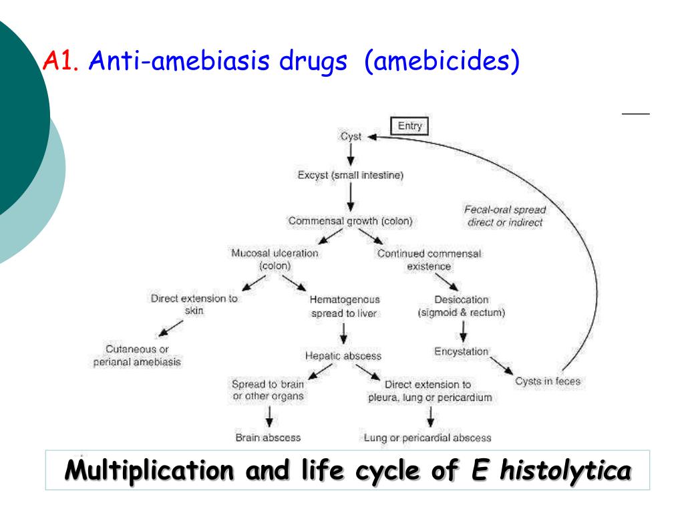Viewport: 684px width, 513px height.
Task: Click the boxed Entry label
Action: (x=409, y=126)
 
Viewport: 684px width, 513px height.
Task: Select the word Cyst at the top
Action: (x=351, y=136)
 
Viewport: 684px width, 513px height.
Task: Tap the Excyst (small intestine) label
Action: (x=351, y=176)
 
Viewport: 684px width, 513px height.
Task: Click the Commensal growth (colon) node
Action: (x=351, y=220)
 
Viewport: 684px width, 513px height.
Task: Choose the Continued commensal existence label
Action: (x=429, y=259)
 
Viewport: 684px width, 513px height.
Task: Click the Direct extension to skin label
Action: (x=194, y=305)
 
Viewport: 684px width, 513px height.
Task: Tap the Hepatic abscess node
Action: (x=343, y=356)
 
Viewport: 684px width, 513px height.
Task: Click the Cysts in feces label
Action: (x=548, y=381)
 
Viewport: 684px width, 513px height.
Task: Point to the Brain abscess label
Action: (x=268, y=438)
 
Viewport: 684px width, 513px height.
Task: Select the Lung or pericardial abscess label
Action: (x=427, y=438)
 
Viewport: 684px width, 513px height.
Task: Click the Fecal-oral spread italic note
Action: (x=505, y=216)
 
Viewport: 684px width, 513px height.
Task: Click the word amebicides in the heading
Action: (x=442, y=62)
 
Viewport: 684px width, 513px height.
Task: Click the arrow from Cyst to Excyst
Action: (x=351, y=156)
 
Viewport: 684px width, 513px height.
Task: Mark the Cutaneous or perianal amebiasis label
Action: (x=137, y=355)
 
